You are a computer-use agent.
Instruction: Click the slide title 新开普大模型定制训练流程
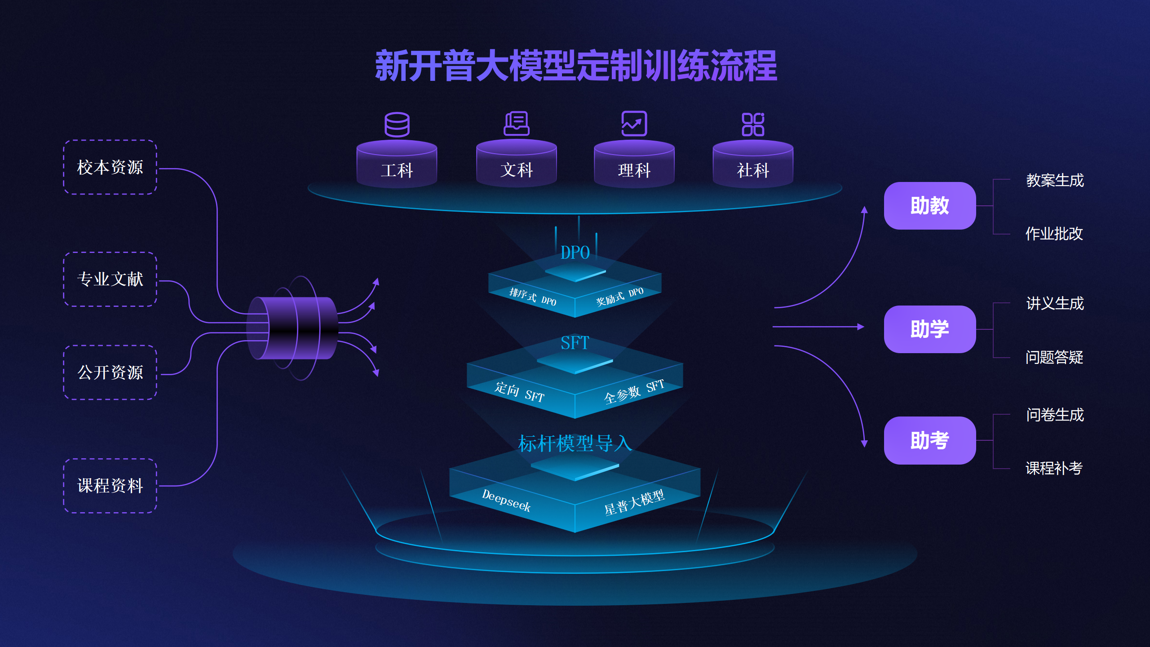click(x=575, y=66)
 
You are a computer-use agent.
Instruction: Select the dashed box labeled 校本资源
click(x=110, y=167)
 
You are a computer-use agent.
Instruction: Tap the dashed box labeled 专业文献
click(x=110, y=279)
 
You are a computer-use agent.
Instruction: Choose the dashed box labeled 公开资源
click(x=110, y=372)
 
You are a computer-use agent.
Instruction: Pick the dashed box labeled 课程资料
click(x=110, y=486)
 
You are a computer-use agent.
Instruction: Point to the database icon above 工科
click(x=397, y=124)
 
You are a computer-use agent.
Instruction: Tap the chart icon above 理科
click(x=634, y=124)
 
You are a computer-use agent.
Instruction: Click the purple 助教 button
click(x=929, y=206)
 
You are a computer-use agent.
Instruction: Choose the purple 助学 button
click(x=929, y=329)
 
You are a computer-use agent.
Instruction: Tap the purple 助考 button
click(x=929, y=440)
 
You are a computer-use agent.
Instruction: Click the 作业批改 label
click(x=1054, y=234)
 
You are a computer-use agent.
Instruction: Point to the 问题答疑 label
click(x=1054, y=357)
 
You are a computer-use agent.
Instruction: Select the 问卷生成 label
click(x=1055, y=415)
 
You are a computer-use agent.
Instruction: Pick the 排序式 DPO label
click(x=533, y=297)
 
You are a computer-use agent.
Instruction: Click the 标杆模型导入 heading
click(x=575, y=443)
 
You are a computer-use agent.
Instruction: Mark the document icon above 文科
click(x=516, y=124)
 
